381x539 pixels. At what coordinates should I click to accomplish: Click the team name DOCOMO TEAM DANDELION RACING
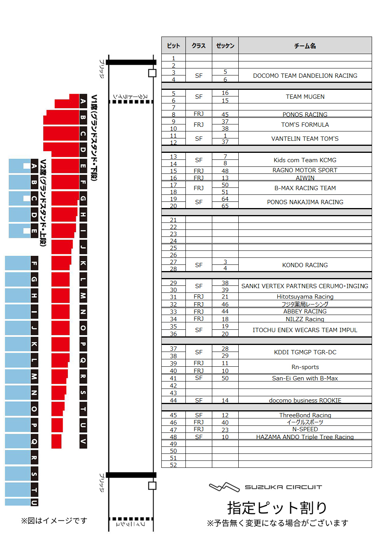pyautogui.click(x=305, y=76)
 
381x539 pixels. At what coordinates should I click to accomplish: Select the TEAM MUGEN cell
pyautogui.click(x=305, y=97)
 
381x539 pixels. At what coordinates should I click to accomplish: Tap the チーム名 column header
pyautogui.click(x=305, y=46)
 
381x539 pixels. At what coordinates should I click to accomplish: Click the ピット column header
pyautogui.click(x=173, y=46)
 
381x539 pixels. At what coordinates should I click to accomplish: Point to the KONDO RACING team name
pyautogui.click(x=305, y=265)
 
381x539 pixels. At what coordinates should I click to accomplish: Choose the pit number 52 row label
pyautogui.click(x=173, y=465)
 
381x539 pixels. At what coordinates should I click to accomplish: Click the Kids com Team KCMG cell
pyautogui.click(x=305, y=160)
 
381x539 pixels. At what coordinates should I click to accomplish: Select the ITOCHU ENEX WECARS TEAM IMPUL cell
pyautogui.click(x=305, y=330)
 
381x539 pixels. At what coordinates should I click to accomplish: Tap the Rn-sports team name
pyautogui.click(x=305, y=367)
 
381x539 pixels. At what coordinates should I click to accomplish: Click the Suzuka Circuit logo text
pyautogui.click(x=283, y=487)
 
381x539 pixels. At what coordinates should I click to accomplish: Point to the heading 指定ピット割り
pyautogui.click(x=277, y=508)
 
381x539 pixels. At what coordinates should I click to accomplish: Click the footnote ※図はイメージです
pyautogui.click(x=54, y=521)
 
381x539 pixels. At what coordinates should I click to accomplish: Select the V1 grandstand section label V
pyautogui.click(x=83, y=441)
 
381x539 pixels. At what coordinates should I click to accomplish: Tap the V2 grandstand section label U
pyautogui.click(x=34, y=502)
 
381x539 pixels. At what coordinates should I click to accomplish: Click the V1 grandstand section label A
pyautogui.click(x=83, y=101)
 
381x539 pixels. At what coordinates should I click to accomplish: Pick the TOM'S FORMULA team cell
pyautogui.click(x=305, y=125)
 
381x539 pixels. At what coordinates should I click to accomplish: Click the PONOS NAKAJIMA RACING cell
pyautogui.click(x=305, y=202)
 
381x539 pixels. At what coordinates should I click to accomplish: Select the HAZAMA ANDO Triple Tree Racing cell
pyautogui.click(x=305, y=437)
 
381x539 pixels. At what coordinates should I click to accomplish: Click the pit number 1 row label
pyautogui.click(x=173, y=58)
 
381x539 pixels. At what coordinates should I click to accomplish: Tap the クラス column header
pyautogui.click(x=199, y=46)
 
